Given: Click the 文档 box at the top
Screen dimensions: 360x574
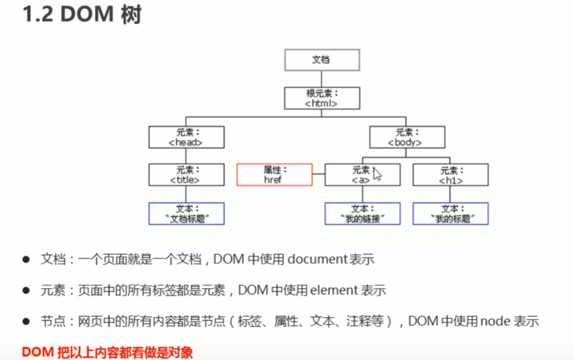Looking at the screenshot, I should [x=322, y=60].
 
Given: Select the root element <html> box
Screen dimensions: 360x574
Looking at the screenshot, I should [x=322, y=98].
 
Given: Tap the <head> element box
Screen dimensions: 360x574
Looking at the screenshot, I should [x=186, y=137].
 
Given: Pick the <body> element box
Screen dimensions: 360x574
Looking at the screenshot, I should [x=408, y=137].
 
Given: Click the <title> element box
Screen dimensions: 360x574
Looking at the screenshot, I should [x=186, y=175].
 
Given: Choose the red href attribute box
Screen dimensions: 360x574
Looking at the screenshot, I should [x=274, y=175].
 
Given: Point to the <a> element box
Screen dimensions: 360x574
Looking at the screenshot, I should [x=361, y=175].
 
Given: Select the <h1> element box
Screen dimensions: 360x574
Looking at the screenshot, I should [x=450, y=175].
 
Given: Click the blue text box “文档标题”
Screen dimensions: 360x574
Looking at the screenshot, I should [x=186, y=213].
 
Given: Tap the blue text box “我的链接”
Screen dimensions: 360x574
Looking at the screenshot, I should [x=362, y=213].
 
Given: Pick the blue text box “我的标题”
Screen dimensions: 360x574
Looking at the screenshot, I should [x=450, y=213].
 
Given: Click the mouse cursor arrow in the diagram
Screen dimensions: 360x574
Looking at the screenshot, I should [x=377, y=174].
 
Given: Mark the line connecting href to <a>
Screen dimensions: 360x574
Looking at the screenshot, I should [x=318, y=174].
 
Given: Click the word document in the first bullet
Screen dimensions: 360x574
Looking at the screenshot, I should [x=317, y=259].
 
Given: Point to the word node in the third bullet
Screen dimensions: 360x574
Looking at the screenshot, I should [x=495, y=321].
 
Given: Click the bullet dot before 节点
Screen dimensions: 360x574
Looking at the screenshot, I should [x=26, y=321].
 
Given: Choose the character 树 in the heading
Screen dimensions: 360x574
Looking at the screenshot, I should [x=131, y=16].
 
